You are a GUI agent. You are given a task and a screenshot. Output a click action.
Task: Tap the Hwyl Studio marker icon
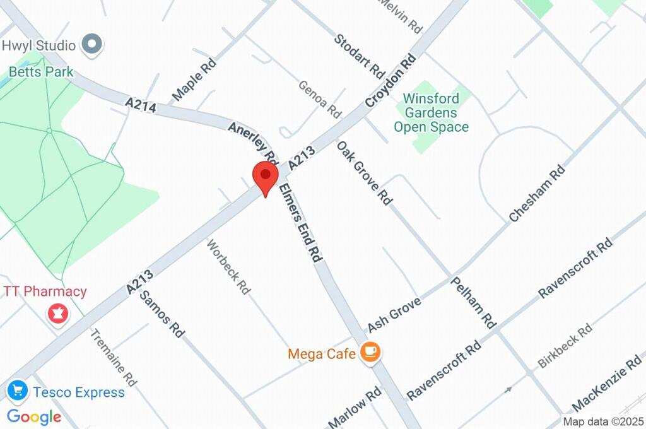[x=93, y=45]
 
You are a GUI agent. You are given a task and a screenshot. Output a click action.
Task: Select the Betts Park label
[x=40, y=72]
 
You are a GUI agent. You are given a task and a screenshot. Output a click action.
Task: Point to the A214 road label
[x=140, y=105]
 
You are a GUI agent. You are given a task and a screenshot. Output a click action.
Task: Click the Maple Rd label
[x=194, y=80]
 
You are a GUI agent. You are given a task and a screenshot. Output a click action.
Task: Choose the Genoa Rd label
[x=320, y=99]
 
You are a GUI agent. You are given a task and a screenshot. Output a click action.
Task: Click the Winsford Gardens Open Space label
[x=431, y=113]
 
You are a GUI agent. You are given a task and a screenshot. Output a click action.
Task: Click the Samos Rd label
[x=161, y=314]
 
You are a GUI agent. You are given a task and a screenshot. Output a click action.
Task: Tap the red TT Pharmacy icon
[x=58, y=313]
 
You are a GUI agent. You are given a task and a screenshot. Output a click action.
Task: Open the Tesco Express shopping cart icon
[x=17, y=391]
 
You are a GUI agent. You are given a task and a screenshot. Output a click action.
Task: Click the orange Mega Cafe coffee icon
[x=370, y=353]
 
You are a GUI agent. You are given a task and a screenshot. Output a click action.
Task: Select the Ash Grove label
[x=394, y=314]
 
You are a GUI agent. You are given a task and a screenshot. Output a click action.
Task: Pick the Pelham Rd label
[x=473, y=302]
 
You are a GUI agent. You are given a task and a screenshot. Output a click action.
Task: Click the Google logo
[x=34, y=416]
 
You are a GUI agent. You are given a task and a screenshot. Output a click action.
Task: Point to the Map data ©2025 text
[x=603, y=421]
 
